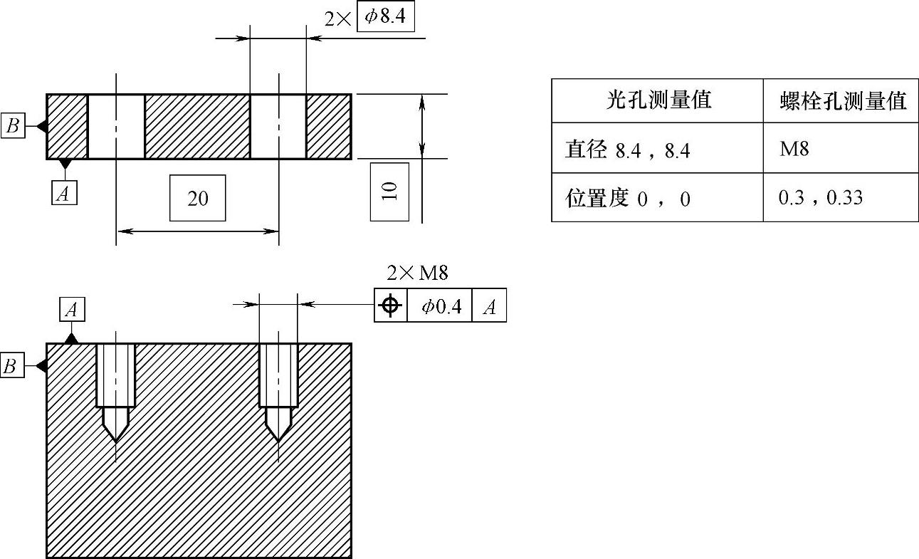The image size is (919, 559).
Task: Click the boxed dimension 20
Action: [198, 198]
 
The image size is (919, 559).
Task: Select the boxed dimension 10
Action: [389, 192]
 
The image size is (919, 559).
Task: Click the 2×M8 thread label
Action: [417, 273]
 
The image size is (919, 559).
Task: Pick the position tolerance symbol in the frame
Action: [391, 306]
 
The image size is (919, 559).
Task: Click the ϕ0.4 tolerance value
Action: [441, 306]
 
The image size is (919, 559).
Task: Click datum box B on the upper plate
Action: [13, 126]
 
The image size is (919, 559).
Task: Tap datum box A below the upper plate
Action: [65, 192]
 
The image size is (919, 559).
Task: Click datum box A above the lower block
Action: [71, 309]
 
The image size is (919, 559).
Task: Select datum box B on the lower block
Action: [11, 366]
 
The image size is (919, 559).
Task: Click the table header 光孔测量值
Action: [658, 100]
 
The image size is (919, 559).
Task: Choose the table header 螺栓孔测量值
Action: [843, 101]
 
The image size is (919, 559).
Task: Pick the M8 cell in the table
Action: [794, 149]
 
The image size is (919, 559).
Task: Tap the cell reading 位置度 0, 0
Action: [627, 198]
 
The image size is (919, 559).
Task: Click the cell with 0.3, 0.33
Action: [820, 197]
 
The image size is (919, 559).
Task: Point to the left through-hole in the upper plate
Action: [116, 126]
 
